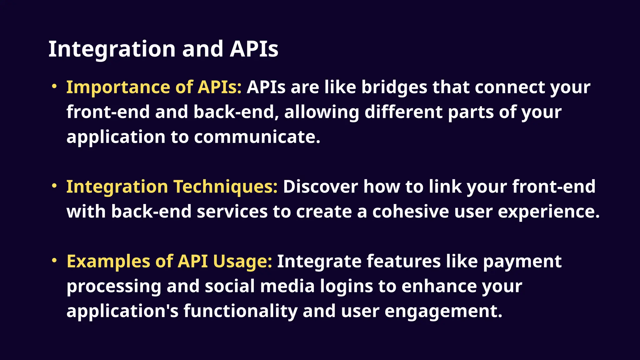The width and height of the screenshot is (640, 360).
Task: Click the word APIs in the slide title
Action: [254, 49]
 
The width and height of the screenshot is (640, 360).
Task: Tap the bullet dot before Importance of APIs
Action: [54, 86]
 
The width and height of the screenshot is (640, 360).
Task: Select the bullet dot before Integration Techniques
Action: [54, 186]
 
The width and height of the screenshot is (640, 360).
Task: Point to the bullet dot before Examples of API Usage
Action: [54, 260]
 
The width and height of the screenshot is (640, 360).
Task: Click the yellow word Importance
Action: [118, 87]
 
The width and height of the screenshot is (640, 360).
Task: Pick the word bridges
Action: [394, 87]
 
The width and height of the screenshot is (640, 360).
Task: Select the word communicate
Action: [257, 137]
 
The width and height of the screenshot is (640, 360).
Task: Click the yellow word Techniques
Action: [225, 187]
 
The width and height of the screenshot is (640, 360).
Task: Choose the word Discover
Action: [320, 187]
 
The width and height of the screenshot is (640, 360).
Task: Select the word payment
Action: [522, 262]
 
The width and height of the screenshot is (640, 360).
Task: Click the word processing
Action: [114, 287]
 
